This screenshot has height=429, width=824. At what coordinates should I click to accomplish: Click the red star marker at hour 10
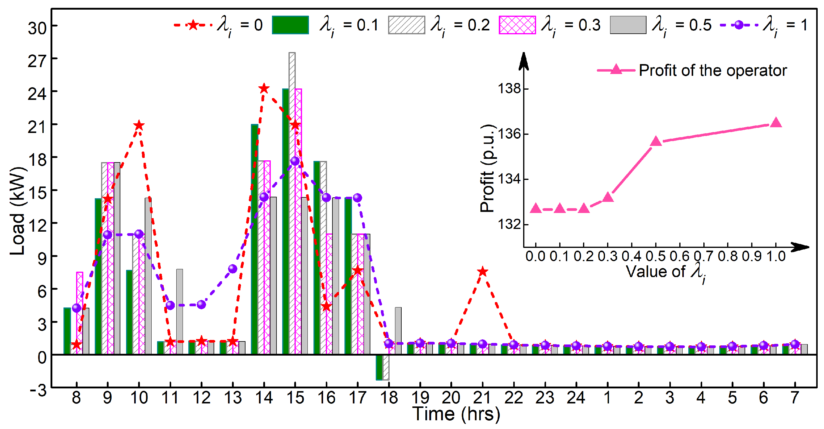139,125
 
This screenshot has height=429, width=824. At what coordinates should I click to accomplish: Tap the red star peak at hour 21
482,272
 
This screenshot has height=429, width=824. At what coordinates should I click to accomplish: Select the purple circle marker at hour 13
233,269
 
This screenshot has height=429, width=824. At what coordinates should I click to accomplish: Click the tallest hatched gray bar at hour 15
292,192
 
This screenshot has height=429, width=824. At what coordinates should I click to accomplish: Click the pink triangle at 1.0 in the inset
776,122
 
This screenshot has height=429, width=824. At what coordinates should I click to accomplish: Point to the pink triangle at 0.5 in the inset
656,141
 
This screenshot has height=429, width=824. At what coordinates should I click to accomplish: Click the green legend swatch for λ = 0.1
290,25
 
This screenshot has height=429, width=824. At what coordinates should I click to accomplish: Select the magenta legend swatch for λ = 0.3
517,25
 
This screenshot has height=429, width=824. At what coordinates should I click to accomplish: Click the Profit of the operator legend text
712,70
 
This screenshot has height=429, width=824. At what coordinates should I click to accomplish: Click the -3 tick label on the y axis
38,390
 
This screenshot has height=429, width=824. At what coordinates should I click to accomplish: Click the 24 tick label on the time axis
576,398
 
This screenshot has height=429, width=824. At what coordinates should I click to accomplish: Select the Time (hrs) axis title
456,414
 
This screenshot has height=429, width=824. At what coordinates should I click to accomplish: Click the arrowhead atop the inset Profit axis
523,61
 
